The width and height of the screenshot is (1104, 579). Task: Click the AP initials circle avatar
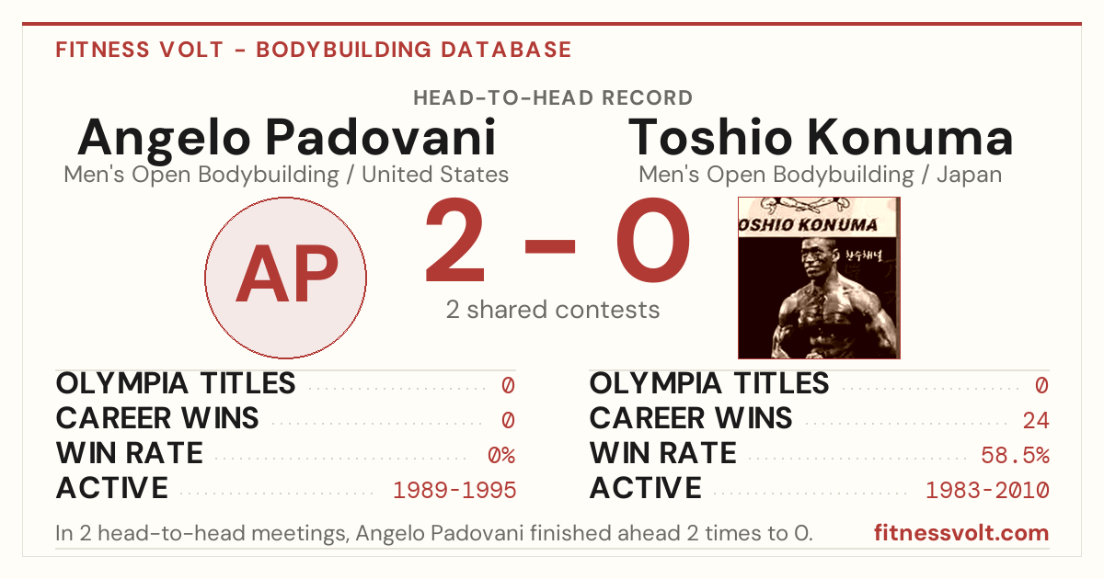[x=285, y=278]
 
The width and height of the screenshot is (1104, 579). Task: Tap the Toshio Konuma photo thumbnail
[x=819, y=278]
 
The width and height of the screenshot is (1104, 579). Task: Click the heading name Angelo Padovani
[x=286, y=139]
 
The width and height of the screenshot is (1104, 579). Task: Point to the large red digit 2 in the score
[x=454, y=240]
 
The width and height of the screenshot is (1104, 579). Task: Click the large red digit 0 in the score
[x=653, y=240]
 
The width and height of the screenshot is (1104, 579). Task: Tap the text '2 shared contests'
[x=553, y=310]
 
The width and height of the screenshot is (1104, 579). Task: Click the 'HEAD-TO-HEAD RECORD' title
[x=553, y=98]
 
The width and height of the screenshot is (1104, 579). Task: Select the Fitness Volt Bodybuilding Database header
[x=314, y=50]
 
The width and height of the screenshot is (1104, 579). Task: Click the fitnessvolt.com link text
[x=961, y=533]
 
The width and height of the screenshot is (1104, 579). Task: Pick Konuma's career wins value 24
[x=1036, y=421]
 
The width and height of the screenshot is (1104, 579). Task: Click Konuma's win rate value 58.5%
[x=1015, y=456]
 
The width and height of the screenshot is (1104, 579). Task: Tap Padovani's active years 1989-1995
[x=454, y=491]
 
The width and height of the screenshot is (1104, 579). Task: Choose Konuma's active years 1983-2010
[x=988, y=491]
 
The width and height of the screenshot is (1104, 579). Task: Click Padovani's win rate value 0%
[x=501, y=456]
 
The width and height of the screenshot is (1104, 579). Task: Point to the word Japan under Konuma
[x=969, y=175]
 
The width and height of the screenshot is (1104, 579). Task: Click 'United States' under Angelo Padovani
[x=434, y=175]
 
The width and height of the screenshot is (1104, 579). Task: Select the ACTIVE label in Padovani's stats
[x=112, y=488]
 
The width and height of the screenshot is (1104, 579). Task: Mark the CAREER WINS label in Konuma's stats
[x=691, y=418]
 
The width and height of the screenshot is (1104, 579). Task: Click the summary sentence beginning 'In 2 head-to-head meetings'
[x=433, y=533]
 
